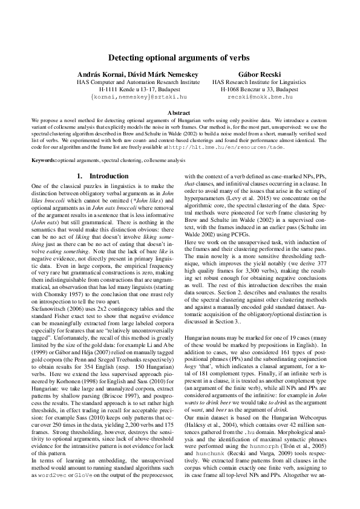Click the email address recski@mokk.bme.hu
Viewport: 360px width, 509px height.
pos(260,96)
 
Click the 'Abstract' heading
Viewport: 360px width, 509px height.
pos(179,113)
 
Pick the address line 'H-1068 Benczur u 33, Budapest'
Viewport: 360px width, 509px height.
pos(260,88)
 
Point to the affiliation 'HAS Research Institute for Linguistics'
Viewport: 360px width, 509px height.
pos(260,81)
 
